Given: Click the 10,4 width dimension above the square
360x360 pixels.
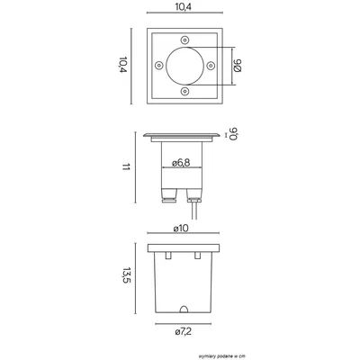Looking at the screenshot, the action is click(x=183, y=6).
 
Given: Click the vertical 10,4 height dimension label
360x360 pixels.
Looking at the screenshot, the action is click(x=122, y=65).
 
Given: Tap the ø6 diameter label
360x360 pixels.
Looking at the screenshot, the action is click(x=238, y=66).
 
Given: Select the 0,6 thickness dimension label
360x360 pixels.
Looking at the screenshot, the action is click(x=234, y=134).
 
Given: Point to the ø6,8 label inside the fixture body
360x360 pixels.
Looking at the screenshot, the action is click(x=181, y=163).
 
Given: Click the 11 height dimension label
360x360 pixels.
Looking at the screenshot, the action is click(x=126, y=167).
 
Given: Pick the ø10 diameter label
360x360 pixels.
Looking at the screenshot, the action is click(x=181, y=229).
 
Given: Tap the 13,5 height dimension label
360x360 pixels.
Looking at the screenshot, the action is click(x=127, y=275).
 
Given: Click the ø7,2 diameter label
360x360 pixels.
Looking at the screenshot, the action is click(x=184, y=331).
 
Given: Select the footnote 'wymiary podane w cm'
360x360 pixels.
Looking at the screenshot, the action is click(x=221, y=356).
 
